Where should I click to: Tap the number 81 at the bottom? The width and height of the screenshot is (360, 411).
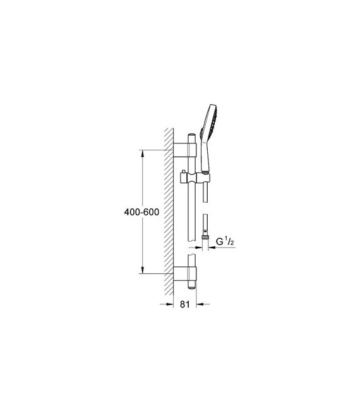click(x=184, y=304)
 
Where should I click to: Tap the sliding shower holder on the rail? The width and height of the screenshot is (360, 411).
click(x=196, y=179)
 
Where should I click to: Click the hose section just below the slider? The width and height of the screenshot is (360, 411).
click(x=205, y=193)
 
